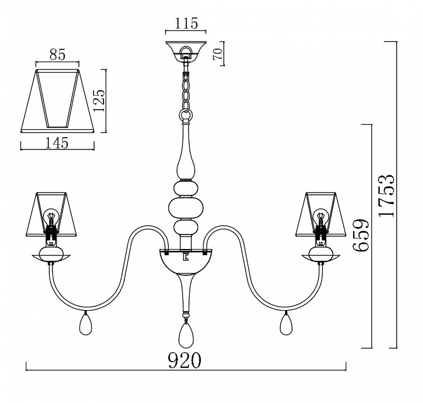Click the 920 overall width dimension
point(185,360)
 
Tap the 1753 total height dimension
point(386,195)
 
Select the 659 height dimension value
point(361,235)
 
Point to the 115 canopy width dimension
point(186,23)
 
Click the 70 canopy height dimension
point(218,54)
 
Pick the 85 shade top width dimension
point(58,54)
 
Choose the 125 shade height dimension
point(98,100)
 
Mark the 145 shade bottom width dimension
point(57,143)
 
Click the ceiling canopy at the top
point(186,51)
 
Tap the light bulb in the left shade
point(50,216)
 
